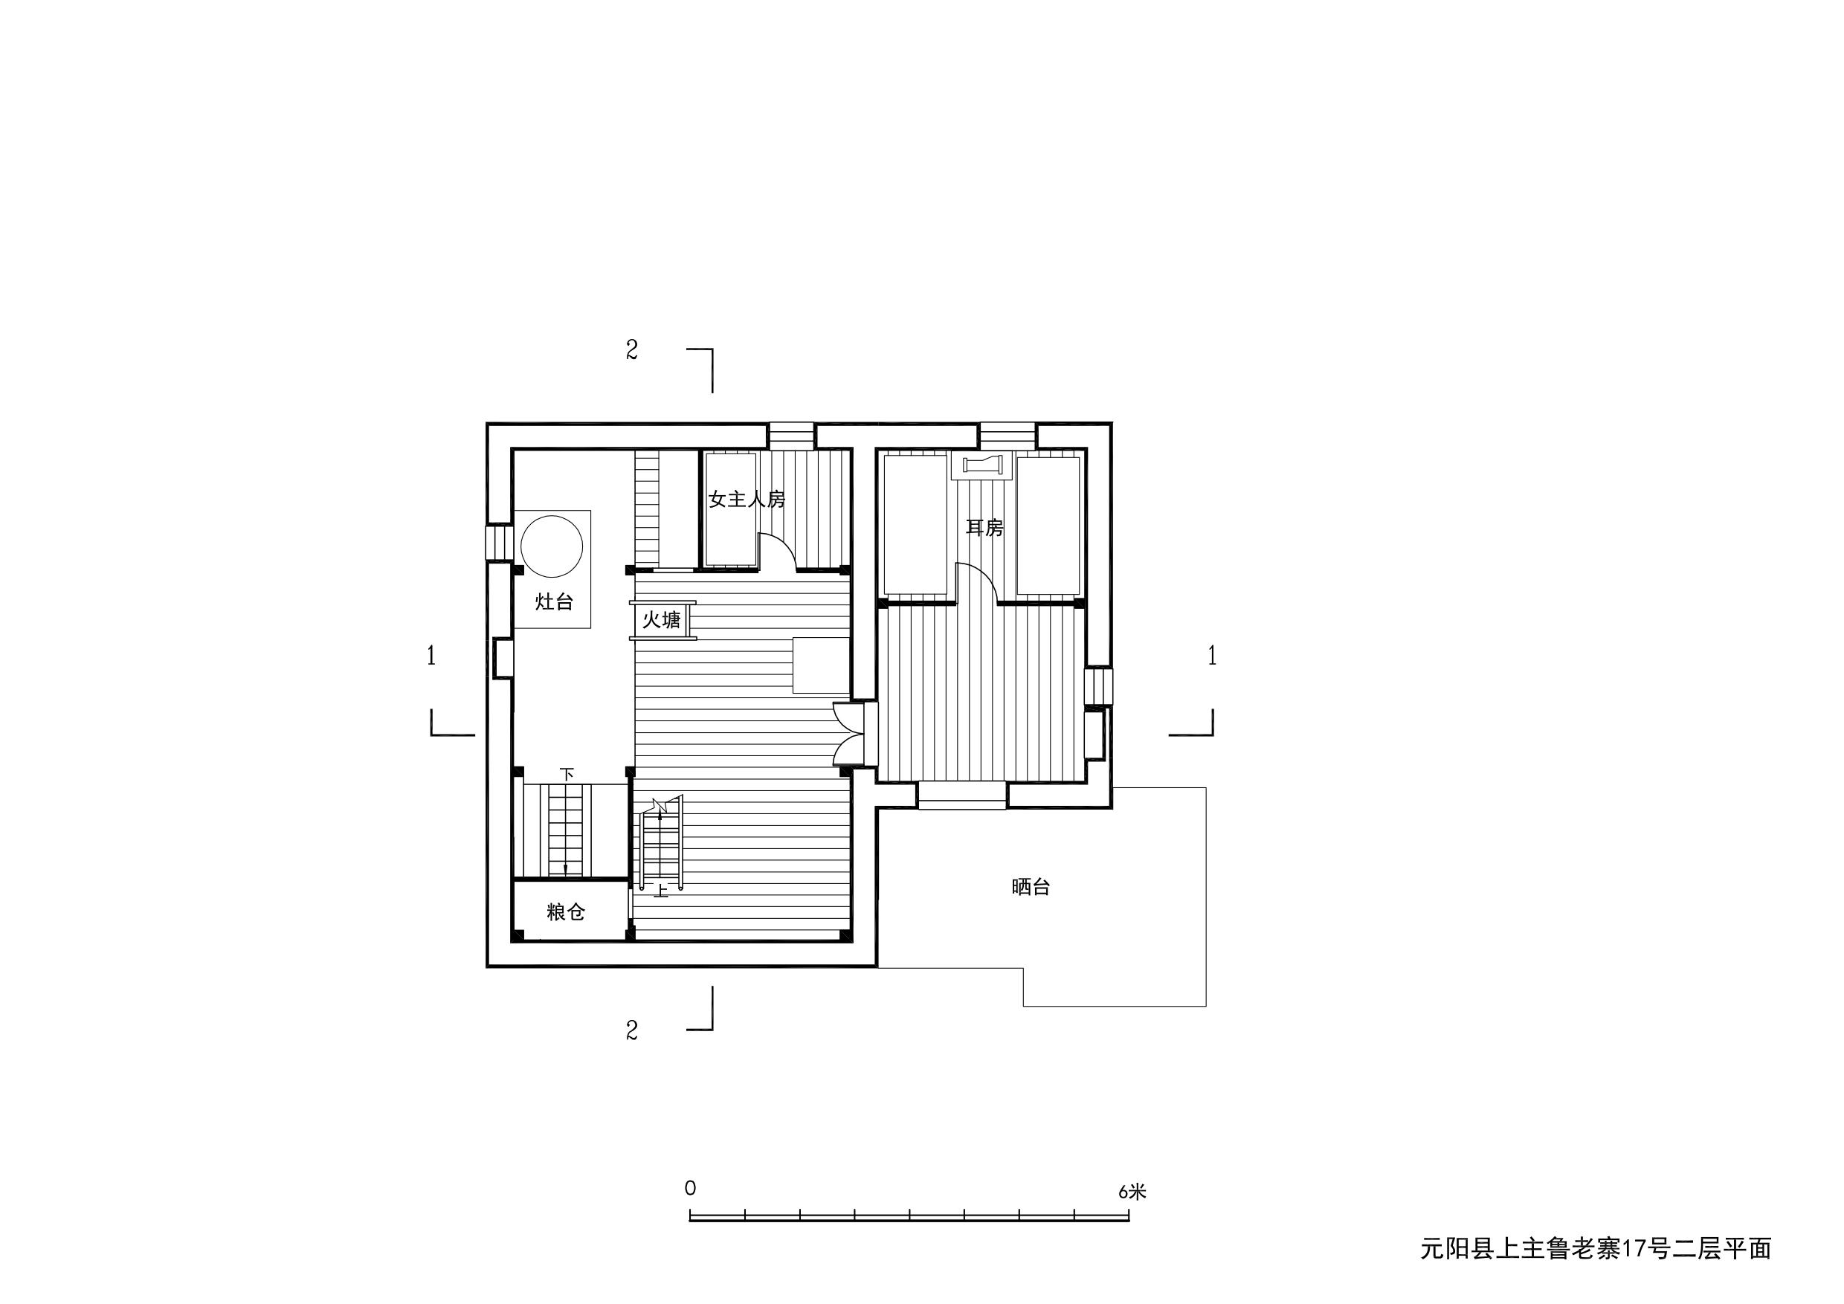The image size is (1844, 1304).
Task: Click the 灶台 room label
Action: tap(554, 601)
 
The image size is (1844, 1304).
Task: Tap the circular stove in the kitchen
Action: tap(551, 546)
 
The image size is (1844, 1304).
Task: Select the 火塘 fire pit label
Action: tap(661, 620)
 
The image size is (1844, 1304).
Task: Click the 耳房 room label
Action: tap(984, 528)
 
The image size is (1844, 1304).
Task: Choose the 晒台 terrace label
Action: tap(1031, 887)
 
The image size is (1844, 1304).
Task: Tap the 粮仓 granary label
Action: tap(566, 912)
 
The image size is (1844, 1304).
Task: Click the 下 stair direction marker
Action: tap(567, 775)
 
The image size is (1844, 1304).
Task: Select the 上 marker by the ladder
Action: tap(661, 891)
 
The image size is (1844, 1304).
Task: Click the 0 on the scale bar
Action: tap(691, 1188)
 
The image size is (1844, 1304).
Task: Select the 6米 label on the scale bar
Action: tap(1132, 1192)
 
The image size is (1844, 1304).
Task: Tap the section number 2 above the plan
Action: tap(632, 350)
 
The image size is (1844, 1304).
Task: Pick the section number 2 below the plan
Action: tap(632, 1031)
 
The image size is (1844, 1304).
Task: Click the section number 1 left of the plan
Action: tap(431, 656)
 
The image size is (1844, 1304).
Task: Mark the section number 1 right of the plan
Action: tap(1212, 656)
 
